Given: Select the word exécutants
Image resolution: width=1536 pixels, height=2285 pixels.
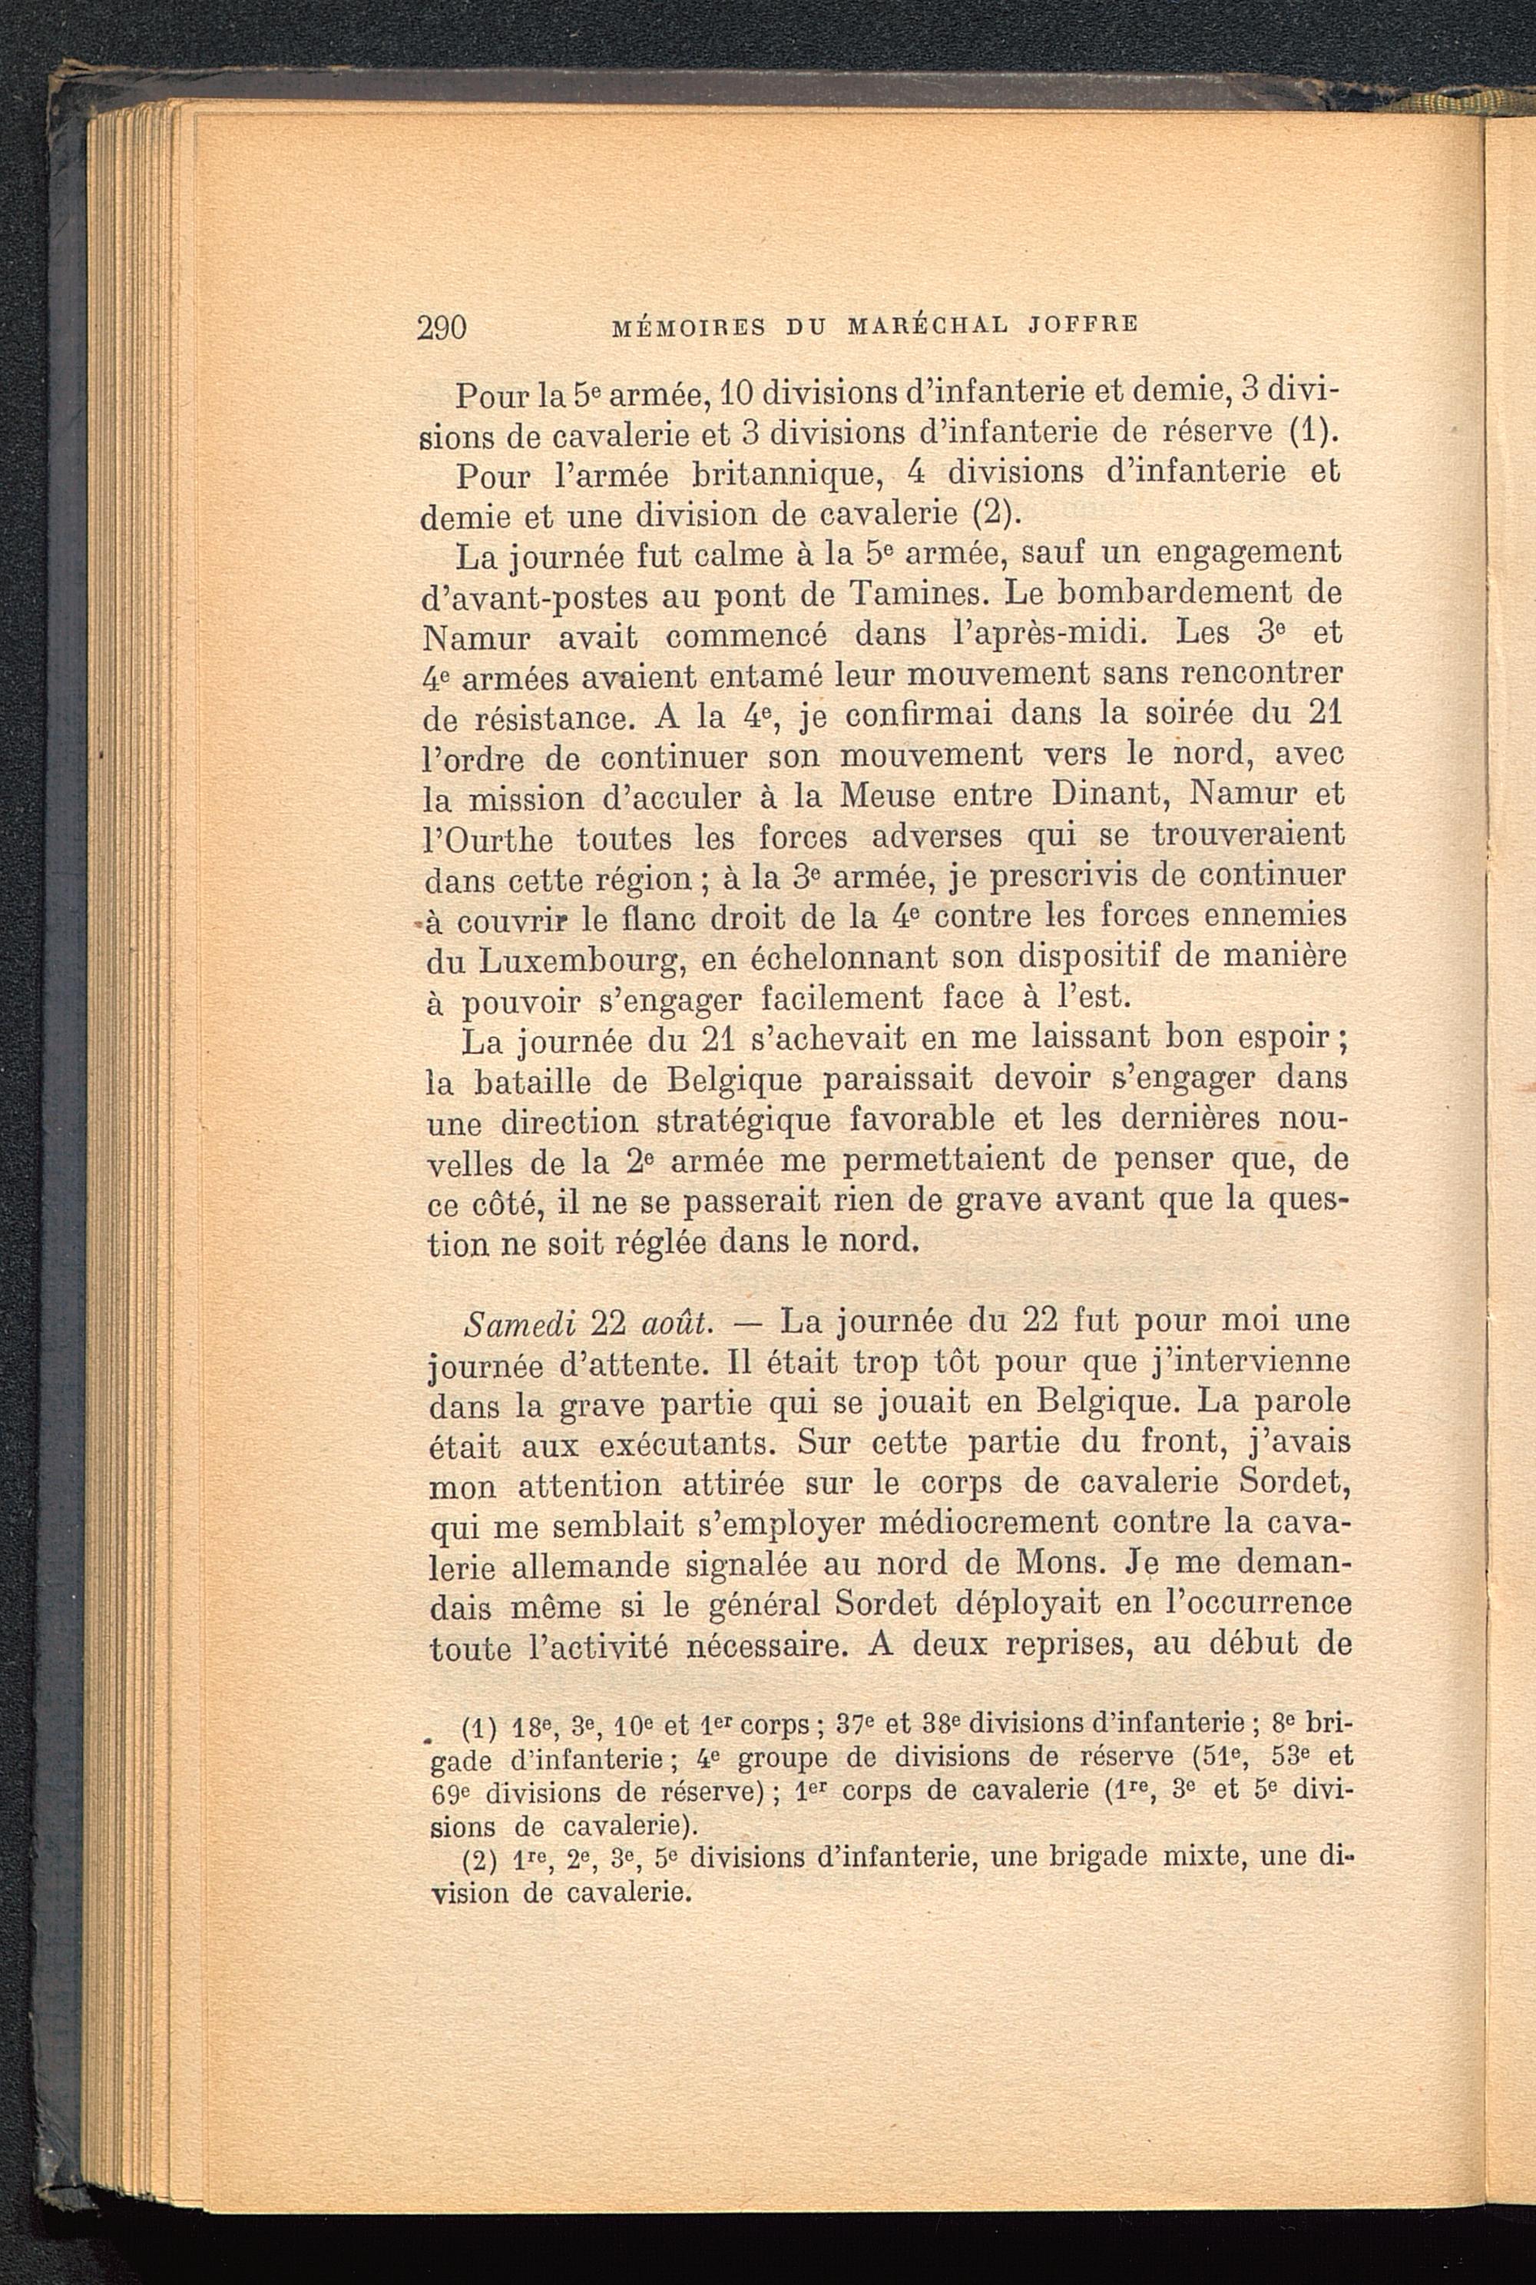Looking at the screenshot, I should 683,1444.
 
